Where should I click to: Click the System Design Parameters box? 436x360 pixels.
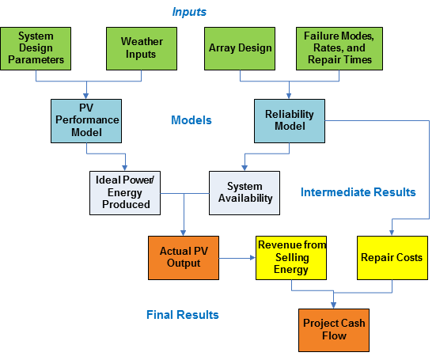[x=36, y=48]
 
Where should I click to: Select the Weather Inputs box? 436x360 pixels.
[x=142, y=48]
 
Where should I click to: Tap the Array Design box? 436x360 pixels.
[x=240, y=48]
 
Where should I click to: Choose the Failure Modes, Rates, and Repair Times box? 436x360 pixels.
[x=339, y=48]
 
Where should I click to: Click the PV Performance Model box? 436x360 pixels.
[x=86, y=121]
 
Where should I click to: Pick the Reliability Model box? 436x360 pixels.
[x=290, y=121]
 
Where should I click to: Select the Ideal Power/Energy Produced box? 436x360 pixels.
[x=125, y=193]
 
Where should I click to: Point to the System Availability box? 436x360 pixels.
[x=245, y=193]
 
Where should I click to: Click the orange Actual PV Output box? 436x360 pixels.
[x=184, y=258]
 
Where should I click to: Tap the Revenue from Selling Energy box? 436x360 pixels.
[x=291, y=258]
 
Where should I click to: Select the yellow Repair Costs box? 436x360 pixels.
[x=392, y=258]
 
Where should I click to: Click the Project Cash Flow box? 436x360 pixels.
[x=334, y=330]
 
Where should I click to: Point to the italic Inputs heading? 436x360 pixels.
[x=189, y=12]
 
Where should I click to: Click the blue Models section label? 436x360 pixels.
[x=191, y=120]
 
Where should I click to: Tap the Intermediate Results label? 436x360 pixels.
[x=358, y=192]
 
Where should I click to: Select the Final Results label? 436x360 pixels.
[x=183, y=315]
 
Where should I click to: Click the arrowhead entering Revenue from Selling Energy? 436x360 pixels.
[x=252, y=258]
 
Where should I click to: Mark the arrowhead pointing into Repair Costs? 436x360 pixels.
[x=392, y=233]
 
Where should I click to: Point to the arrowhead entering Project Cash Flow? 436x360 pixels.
[x=334, y=305]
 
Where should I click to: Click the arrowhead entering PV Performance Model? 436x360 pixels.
[x=86, y=97]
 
